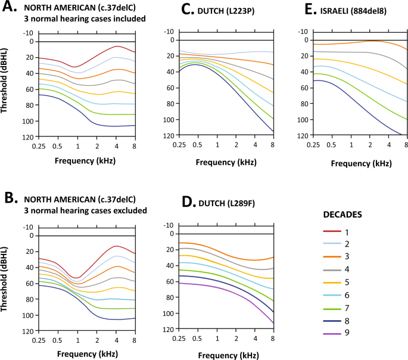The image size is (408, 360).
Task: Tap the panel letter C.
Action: coord(168,11)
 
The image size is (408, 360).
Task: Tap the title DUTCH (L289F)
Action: coord(210,203)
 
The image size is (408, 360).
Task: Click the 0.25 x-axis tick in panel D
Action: coord(177,338)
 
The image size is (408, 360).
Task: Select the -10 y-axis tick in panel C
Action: coord(168,32)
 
